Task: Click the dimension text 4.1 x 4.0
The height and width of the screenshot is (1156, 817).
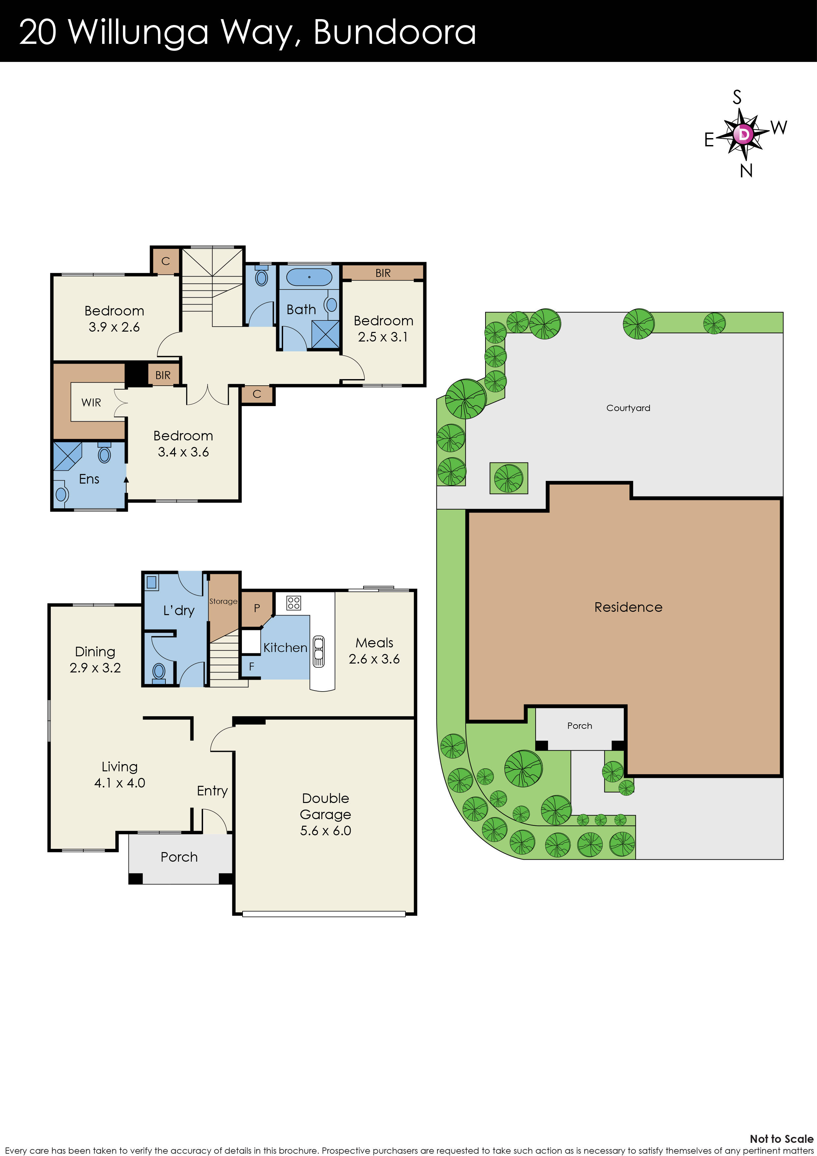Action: coord(120,783)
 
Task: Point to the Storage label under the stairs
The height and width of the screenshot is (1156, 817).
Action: coord(223,601)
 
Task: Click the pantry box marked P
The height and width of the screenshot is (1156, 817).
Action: coord(257,608)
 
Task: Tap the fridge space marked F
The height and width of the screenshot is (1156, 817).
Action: coord(251,667)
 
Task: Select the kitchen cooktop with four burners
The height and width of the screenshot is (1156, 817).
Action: coord(293,603)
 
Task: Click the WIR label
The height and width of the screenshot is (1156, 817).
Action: coord(91,402)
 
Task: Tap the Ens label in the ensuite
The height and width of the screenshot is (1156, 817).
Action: coord(89,479)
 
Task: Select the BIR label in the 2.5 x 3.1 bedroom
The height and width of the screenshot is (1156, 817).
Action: coord(383,273)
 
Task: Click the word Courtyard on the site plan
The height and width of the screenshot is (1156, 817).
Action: coord(628,408)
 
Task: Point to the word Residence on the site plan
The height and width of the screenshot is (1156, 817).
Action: coord(628,607)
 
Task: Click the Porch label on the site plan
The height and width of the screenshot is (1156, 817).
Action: coord(579,726)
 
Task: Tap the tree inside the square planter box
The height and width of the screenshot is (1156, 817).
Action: coord(509,478)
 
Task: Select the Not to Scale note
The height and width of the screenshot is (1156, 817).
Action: coord(781,1139)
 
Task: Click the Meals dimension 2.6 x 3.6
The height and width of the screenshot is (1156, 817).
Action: coord(374,659)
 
